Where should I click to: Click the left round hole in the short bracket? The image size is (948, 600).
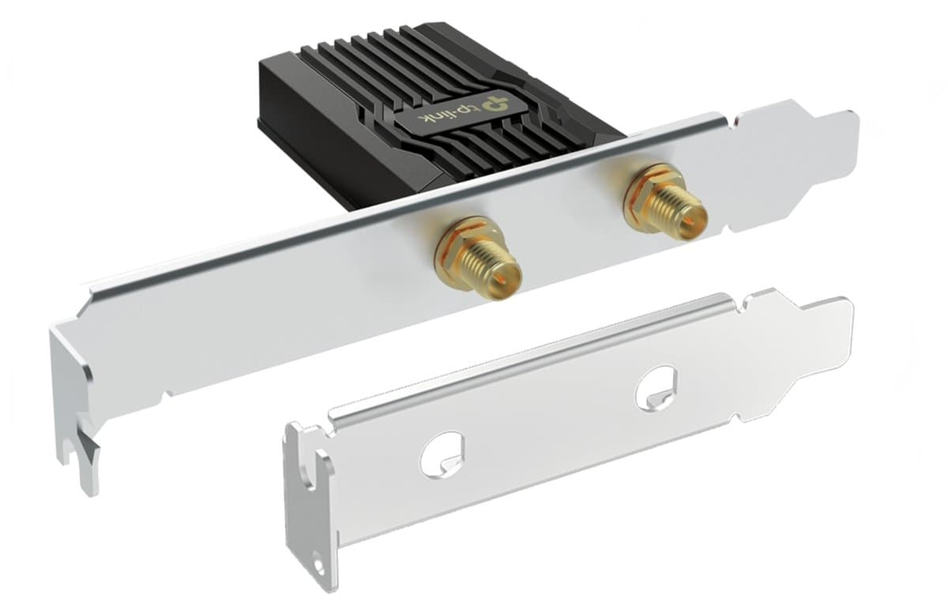click(442, 455)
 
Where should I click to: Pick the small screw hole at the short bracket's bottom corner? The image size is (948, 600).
click(318, 566)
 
